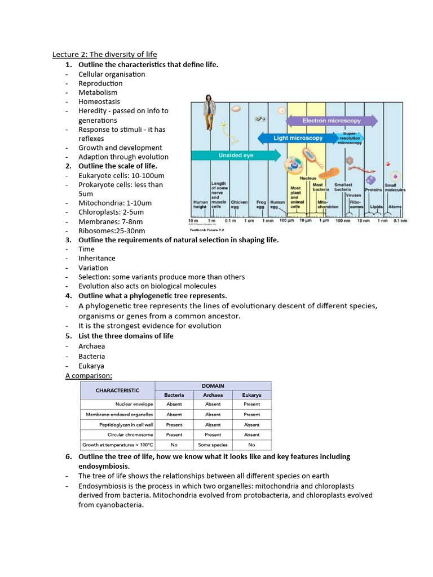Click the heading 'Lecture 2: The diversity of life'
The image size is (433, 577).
105,55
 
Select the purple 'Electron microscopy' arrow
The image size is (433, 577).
332,121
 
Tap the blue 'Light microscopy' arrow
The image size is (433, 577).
298,138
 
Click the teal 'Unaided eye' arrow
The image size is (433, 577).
236,155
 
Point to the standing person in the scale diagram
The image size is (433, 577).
209,113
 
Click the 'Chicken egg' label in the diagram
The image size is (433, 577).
239,204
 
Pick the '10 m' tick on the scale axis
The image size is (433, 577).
193,220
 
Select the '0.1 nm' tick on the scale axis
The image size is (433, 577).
400,220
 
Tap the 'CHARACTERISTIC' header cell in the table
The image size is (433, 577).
117,390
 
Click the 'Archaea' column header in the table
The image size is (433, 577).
213,395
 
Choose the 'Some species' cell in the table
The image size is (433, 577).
213,445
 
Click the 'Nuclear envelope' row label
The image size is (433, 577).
134,404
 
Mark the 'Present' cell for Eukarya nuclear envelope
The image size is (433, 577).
251,404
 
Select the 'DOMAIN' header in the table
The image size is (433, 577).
213,385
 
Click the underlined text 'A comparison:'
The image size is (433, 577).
89,375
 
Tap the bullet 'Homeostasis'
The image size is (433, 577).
99,102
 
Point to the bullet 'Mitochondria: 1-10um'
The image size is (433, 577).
115,203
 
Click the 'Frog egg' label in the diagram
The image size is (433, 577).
260,204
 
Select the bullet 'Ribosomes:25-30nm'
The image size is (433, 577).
112,230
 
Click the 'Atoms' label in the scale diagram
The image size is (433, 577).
395,207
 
